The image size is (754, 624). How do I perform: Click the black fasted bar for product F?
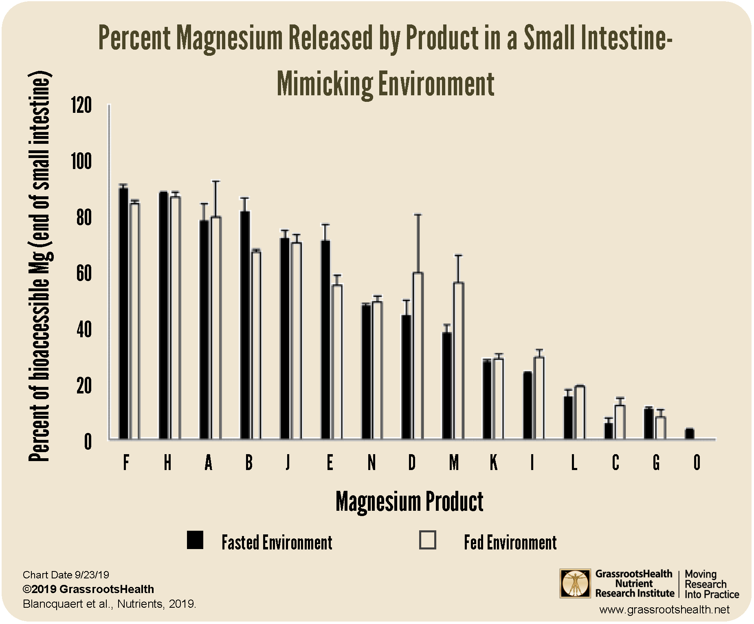(123, 314)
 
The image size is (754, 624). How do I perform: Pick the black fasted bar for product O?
(689, 434)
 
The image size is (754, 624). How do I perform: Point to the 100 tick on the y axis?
(81, 162)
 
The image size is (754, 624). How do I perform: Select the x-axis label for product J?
(288, 462)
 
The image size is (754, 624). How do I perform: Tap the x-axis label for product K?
(493, 462)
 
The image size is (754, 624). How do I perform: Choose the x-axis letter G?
(656, 462)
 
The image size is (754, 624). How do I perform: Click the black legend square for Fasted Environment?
(195, 540)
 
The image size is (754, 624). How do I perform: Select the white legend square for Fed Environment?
(428, 540)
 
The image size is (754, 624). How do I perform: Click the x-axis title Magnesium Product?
(409, 501)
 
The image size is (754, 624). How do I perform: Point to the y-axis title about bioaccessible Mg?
(40, 267)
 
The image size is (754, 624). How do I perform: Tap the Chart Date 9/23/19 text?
(66, 575)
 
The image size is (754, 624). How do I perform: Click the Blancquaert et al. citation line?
(109, 604)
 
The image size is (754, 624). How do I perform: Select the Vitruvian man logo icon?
(575, 583)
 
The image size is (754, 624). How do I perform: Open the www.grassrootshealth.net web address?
(664, 610)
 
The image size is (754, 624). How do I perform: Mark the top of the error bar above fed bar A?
(216, 181)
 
